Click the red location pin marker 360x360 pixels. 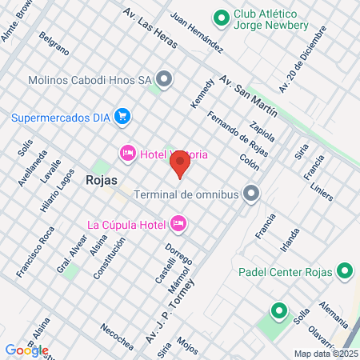pos(180,165)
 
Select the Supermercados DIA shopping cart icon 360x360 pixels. pos(122,117)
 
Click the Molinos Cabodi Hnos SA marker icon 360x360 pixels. pos(165,78)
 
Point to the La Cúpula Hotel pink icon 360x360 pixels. pos(179,222)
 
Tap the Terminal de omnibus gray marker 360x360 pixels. pos(251,193)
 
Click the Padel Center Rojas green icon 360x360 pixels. pos(344,271)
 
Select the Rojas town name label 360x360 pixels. pos(101,181)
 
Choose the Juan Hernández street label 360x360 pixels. pos(196,33)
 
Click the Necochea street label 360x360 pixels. pos(117,337)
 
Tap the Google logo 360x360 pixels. pos(26,350)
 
